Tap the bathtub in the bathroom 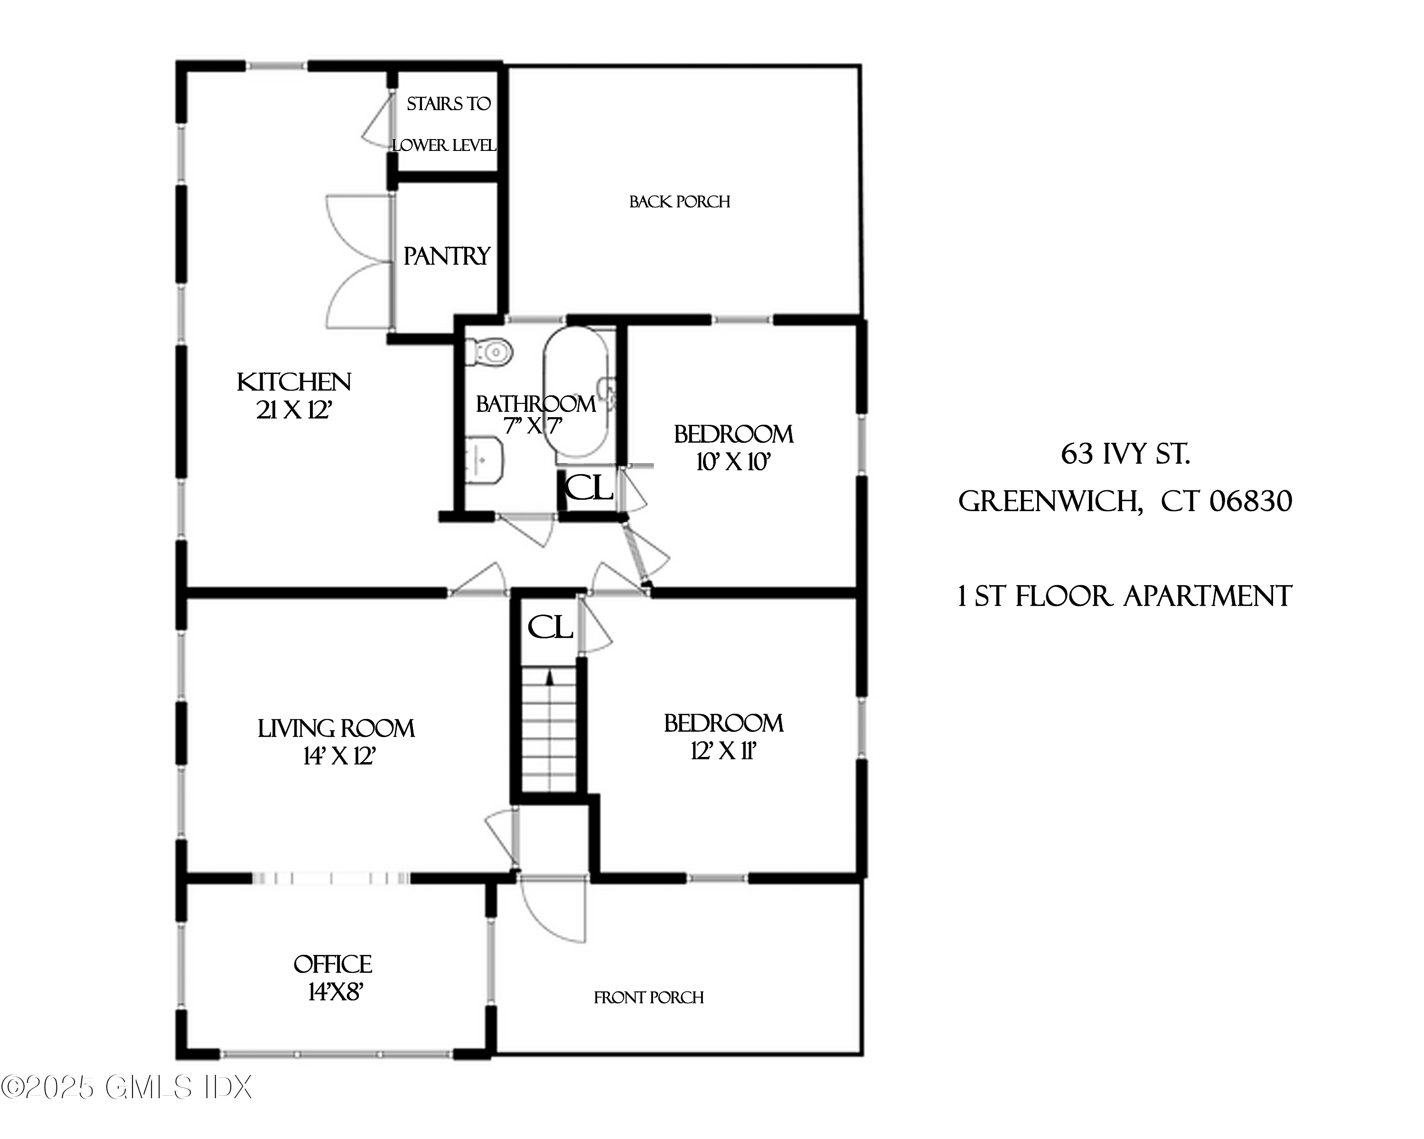pyautogui.click(x=576, y=392)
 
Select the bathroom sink pyautogui.click(x=484, y=459)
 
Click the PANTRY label pyautogui.click(x=447, y=256)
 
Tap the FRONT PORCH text pyautogui.click(x=648, y=998)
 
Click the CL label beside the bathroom pyautogui.click(x=589, y=489)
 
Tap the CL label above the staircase pyautogui.click(x=550, y=627)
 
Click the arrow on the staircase pyautogui.click(x=550, y=677)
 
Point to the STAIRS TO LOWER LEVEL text pyautogui.click(x=447, y=124)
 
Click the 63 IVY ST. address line pyautogui.click(x=1125, y=454)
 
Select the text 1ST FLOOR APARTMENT pyautogui.click(x=1125, y=596)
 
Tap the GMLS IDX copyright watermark pyautogui.click(x=127, y=1087)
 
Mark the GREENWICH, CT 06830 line pyautogui.click(x=1125, y=502)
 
